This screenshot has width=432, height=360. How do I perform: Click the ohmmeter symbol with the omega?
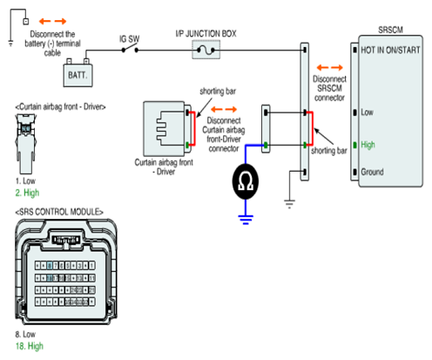point(246,181)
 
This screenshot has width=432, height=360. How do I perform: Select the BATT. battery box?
point(78,75)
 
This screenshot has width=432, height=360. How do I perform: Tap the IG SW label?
point(130,39)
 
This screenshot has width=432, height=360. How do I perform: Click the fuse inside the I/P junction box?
point(206,51)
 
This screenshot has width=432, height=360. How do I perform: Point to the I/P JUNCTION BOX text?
point(206,34)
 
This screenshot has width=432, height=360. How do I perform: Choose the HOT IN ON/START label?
point(390,50)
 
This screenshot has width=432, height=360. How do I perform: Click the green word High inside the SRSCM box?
point(368,145)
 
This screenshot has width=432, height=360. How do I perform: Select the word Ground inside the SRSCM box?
point(372,172)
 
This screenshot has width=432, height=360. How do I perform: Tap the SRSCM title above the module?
point(390,30)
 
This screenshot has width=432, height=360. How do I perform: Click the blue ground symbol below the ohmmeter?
point(246,220)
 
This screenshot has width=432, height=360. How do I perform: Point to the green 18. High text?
point(30,346)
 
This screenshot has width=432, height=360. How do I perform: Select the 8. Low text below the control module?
point(25,334)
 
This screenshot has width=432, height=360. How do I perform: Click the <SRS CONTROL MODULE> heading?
point(59,212)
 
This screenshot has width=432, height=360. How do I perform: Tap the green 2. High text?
point(27,193)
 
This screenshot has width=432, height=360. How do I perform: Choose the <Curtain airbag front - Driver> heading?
point(60,107)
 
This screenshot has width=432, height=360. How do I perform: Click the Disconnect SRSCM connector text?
point(329,88)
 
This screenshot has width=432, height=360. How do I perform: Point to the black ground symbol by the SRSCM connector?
point(289,204)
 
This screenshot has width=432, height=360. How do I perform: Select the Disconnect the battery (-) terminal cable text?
point(52,44)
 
